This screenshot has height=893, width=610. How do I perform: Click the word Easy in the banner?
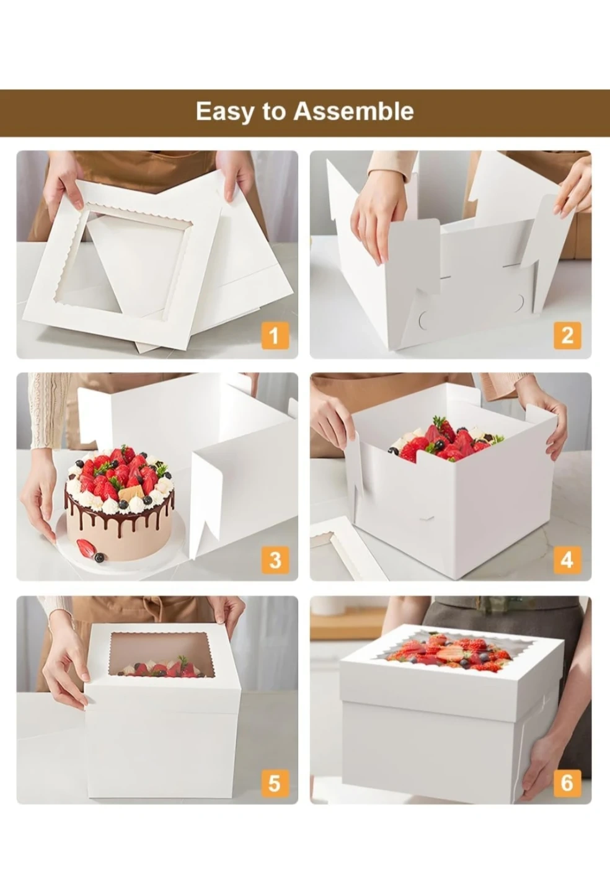pyautogui.click(x=224, y=111)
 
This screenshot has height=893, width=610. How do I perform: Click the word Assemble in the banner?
pyautogui.click(x=353, y=111)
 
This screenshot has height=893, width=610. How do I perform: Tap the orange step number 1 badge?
pyautogui.click(x=275, y=335)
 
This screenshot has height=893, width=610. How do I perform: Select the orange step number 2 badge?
pyautogui.click(x=567, y=335)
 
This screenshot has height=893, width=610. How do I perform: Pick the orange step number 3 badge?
pyautogui.click(x=275, y=560)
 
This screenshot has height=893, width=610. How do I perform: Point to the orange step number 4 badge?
pyautogui.click(x=567, y=560)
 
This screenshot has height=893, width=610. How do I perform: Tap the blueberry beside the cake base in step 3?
pyautogui.click(x=100, y=558)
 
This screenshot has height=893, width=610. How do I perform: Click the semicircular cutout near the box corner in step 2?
pyautogui.click(x=423, y=320)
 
